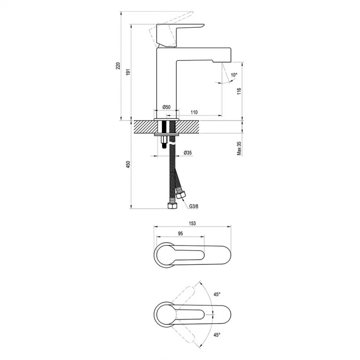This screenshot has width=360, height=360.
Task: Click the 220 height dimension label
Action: click(118, 66)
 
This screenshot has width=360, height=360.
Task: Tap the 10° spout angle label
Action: click(234, 75)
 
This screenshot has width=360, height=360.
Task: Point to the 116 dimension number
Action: click(239, 91)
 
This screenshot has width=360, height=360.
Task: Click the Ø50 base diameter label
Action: click(166, 107)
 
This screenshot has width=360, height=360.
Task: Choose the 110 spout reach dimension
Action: click(194, 112)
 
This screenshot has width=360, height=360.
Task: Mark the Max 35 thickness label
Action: click(239, 148)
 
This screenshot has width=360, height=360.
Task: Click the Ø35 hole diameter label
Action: click(188, 153)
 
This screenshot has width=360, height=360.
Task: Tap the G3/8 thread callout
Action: click(194, 206)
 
